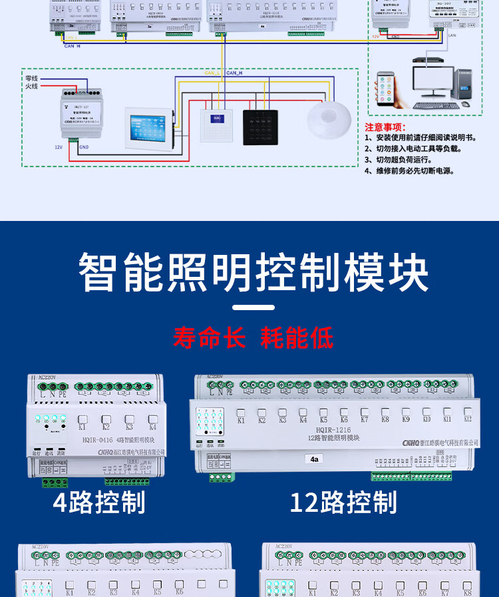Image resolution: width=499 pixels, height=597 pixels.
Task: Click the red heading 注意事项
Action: [x=385, y=127]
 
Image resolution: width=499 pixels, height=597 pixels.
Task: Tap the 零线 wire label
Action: [x=31, y=79]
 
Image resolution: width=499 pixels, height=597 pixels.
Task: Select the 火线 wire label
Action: [x=31, y=87]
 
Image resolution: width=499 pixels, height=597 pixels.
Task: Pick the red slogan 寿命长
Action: [x=209, y=337]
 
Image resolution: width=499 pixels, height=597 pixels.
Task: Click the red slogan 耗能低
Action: [x=297, y=337]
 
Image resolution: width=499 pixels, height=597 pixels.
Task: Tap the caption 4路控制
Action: [x=99, y=502]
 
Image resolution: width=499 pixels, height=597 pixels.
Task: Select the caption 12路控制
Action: [x=343, y=502]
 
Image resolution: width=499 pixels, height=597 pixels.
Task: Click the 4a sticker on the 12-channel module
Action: [x=315, y=459]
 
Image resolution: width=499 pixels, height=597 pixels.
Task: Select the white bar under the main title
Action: [x=255, y=307]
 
